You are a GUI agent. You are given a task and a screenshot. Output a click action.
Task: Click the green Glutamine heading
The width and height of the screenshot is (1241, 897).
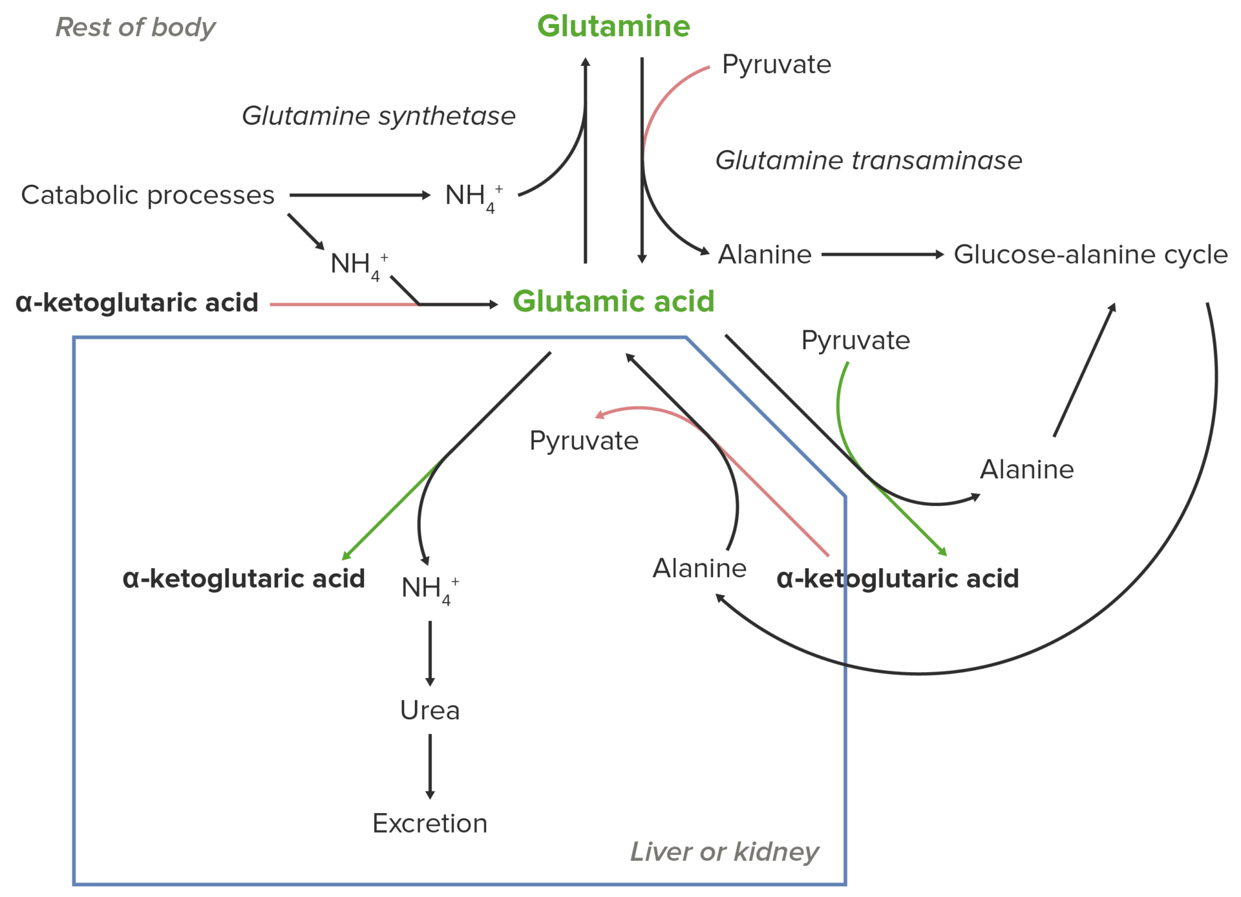(x=613, y=26)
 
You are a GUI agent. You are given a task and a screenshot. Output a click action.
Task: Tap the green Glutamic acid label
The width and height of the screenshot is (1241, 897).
(x=613, y=301)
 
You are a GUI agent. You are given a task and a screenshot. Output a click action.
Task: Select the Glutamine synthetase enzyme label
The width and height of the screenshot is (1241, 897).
(x=379, y=116)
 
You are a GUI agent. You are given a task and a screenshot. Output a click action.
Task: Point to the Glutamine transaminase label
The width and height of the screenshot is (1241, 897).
(x=869, y=160)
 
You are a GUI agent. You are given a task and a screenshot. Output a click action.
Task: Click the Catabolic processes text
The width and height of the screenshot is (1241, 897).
(x=148, y=195)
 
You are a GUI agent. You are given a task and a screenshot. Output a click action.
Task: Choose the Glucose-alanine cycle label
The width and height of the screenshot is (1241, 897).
(x=1090, y=255)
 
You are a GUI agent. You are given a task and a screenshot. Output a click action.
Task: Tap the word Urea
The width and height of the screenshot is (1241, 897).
(x=430, y=710)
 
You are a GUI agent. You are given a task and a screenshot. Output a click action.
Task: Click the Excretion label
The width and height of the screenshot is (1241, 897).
(x=430, y=823)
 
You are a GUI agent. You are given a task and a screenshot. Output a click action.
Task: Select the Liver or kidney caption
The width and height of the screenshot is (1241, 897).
(x=725, y=852)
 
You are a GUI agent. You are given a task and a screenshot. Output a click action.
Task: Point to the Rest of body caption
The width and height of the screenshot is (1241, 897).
(x=136, y=28)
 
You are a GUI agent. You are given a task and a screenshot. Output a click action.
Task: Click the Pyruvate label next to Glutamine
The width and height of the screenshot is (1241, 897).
(x=776, y=65)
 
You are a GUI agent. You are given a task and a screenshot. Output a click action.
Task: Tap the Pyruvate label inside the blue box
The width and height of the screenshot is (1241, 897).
(x=584, y=441)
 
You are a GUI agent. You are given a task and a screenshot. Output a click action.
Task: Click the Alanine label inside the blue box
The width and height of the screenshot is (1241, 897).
(x=699, y=568)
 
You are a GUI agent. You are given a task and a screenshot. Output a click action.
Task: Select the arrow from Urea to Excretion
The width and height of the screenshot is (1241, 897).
(x=430, y=767)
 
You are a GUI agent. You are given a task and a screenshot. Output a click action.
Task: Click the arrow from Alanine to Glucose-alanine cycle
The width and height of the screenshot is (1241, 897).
(x=883, y=255)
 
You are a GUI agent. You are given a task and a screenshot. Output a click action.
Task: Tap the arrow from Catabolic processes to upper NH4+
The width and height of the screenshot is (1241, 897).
(x=360, y=195)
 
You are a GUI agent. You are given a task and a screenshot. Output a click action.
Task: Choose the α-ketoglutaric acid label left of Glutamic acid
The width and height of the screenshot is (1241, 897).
(x=137, y=302)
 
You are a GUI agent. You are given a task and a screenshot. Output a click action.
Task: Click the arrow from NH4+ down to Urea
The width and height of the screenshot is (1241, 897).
(x=430, y=653)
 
